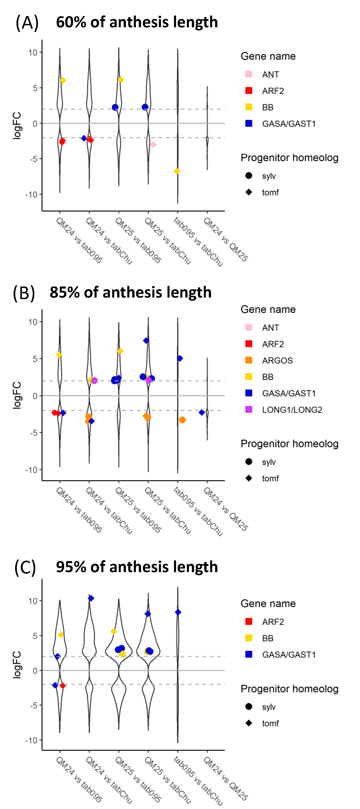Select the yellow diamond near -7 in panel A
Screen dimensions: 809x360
[x=177, y=171]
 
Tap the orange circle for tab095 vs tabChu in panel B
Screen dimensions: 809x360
[x=182, y=420]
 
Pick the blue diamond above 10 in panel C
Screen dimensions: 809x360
[x=91, y=598]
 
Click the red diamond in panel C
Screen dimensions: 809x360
[x=63, y=686]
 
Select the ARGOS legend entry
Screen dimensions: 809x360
[x=277, y=360]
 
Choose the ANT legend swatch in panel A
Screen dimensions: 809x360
[x=249, y=74]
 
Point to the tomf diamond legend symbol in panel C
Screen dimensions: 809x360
[x=249, y=723]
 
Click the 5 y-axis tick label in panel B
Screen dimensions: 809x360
[x=35, y=359]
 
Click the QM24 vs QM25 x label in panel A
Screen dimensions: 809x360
[x=225, y=239]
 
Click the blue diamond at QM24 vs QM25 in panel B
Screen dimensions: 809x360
[x=202, y=412]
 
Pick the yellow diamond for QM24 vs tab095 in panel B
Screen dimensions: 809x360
[x=59, y=355]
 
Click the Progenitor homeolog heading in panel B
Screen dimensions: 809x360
[x=289, y=444]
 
